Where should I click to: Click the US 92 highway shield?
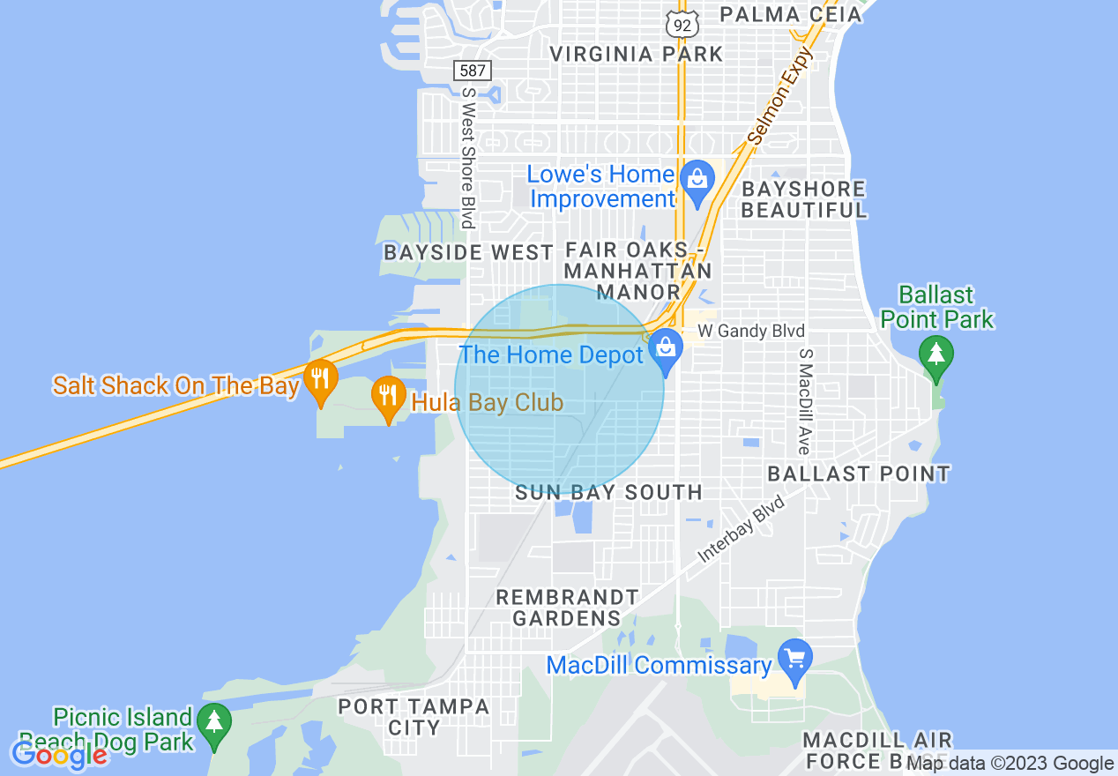click(x=682, y=25)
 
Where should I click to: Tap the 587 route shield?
click(x=473, y=70)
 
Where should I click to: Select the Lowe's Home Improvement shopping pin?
click(x=698, y=182)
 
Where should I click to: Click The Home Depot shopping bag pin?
click(x=667, y=350)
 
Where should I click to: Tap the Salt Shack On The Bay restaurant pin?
click(x=320, y=380)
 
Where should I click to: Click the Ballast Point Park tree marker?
click(x=936, y=356)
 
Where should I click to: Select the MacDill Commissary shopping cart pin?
click(x=796, y=660)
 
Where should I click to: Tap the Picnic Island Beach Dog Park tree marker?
click(x=213, y=724)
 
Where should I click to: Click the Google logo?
click(x=60, y=754)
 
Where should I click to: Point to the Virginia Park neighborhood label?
click(x=636, y=54)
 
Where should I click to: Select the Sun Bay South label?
click(x=608, y=492)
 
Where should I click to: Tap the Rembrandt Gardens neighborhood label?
click(x=566, y=608)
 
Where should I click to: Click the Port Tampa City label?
click(x=414, y=717)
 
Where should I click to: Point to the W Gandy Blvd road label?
click(x=751, y=332)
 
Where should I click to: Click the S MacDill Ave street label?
click(x=804, y=401)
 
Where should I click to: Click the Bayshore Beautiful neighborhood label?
click(x=804, y=199)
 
